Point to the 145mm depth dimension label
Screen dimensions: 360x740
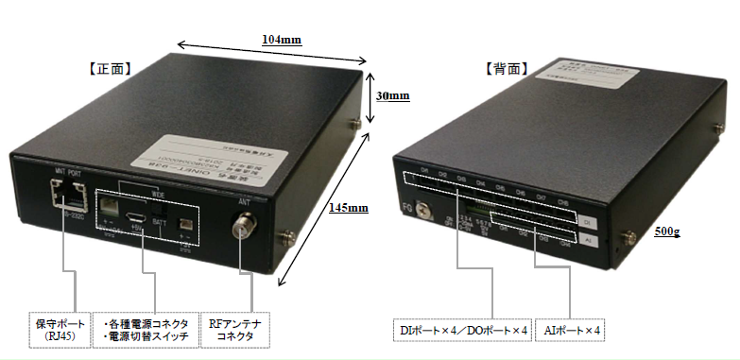(351, 208)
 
